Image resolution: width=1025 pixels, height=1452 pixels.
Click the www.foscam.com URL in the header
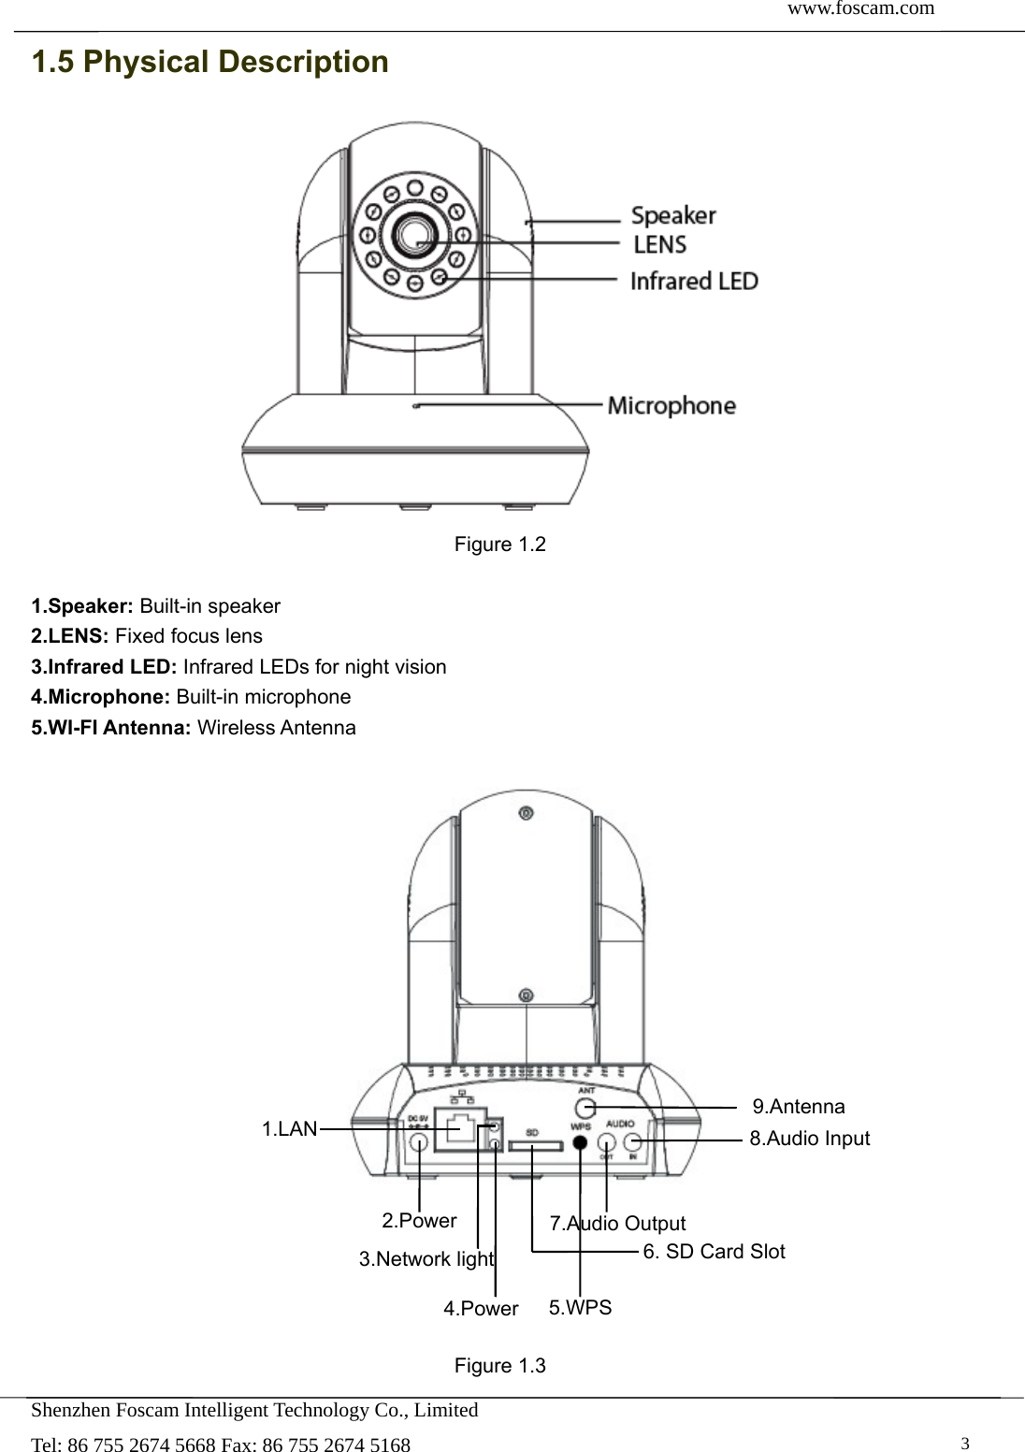[860, 9]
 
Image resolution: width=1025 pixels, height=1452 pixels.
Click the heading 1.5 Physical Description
[210, 63]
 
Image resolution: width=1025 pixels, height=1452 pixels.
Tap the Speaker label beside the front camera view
[673, 216]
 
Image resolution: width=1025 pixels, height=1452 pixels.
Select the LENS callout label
[660, 245]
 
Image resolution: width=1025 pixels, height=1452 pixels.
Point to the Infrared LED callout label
[694, 281]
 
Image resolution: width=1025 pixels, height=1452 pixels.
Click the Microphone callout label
[671, 406]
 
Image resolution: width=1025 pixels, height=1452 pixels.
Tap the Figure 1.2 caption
[499, 544]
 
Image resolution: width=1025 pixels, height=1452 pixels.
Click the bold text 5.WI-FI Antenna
[111, 728]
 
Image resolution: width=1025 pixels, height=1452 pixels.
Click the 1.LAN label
[290, 1129]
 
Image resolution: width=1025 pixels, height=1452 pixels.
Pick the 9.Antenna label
[799, 1107]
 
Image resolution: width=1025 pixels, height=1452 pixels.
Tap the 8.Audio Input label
[810, 1139]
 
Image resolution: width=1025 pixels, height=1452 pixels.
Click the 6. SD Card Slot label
[715, 1252]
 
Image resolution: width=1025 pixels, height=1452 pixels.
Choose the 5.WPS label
[580, 1308]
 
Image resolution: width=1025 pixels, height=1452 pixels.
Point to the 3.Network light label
[426, 1259]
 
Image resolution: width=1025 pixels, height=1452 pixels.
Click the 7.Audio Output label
[617, 1224]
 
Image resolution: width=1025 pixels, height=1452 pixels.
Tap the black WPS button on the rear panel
[581, 1142]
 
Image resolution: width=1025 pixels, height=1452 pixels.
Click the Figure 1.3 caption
[499, 1366]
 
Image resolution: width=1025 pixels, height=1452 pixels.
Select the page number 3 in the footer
[966, 1442]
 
